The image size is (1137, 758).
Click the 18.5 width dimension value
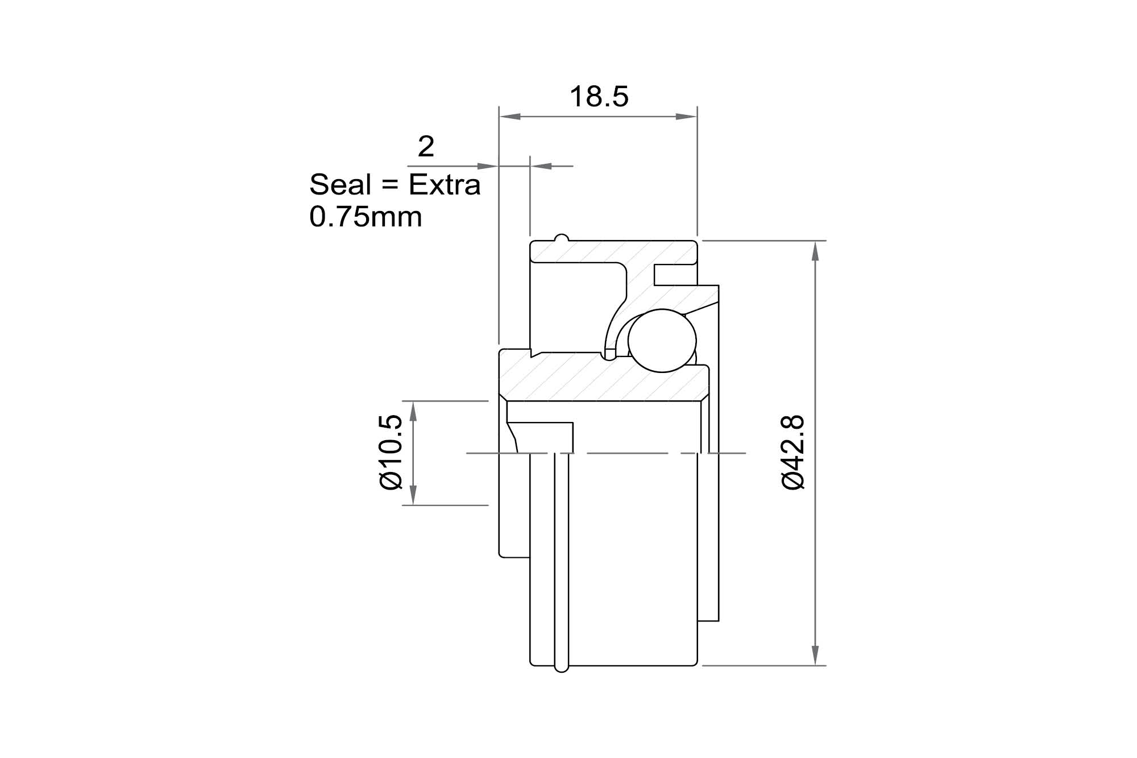click(599, 97)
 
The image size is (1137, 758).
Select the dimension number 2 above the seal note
click(426, 147)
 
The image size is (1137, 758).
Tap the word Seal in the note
click(340, 184)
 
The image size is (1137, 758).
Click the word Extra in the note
click(445, 184)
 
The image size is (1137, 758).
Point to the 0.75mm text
click(366, 217)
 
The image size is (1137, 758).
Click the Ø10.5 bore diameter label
click(392, 452)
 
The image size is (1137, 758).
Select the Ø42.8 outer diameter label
click(793, 452)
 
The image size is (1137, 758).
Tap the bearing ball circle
click(662, 341)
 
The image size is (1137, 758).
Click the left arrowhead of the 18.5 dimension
click(509, 117)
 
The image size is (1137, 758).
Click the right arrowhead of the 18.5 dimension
click(686, 117)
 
